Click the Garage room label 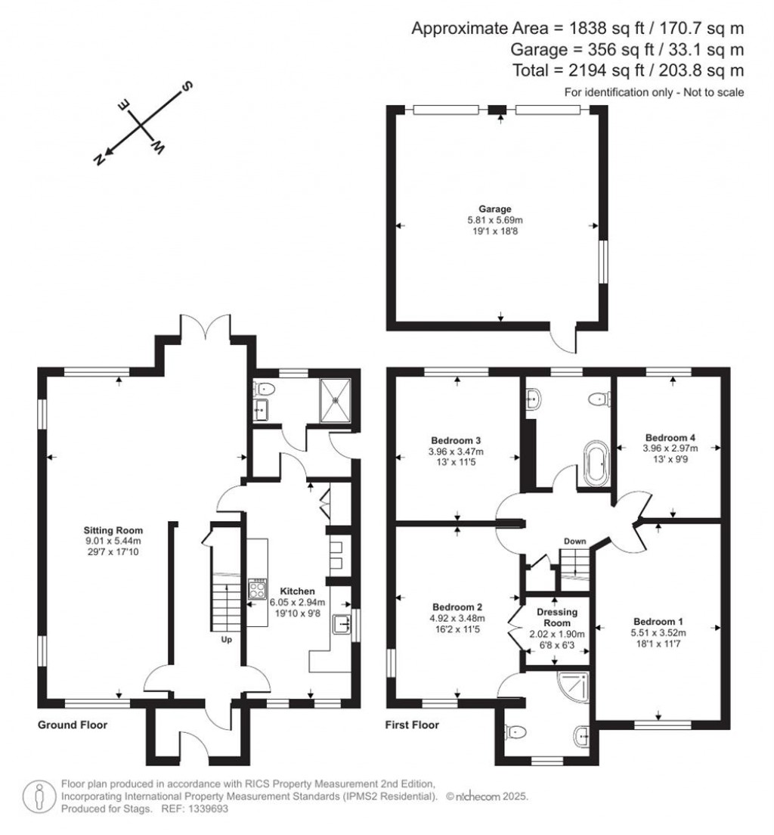494,210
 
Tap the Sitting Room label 113,530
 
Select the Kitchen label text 292,591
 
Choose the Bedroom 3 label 457,440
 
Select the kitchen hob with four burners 257,589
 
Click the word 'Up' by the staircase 225,640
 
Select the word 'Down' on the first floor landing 575,542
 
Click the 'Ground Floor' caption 73,725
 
